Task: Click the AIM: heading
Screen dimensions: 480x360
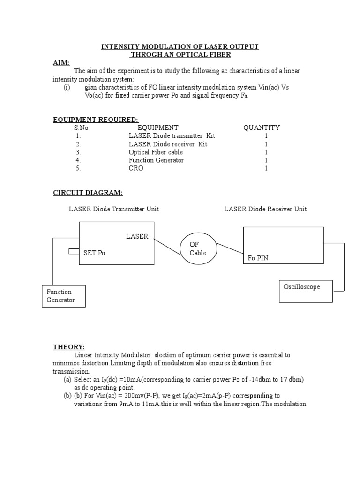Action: tap(61, 63)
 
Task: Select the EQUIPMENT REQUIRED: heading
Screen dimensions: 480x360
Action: tap(96, 120)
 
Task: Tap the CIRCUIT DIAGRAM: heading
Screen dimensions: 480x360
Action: tap(88, 193)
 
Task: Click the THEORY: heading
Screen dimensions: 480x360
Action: tap(68, 347)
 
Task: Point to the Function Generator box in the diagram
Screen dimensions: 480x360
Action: tap(64, 296)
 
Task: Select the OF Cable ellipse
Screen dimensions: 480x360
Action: tap(198, 248)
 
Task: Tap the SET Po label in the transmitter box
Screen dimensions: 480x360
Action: tap(94, 253)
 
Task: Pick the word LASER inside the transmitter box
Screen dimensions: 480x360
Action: tap(137, 236)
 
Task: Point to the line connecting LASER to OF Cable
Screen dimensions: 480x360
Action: tap(167, 247)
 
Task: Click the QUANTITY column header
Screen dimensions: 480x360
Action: tap(262, 127)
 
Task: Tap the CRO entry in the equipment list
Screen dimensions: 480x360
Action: tap(136, 168)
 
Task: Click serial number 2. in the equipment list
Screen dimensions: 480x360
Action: tap(78, 144)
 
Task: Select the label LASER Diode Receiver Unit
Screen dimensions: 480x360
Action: tap(265, 209)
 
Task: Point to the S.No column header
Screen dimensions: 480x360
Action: tap(81, 127)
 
